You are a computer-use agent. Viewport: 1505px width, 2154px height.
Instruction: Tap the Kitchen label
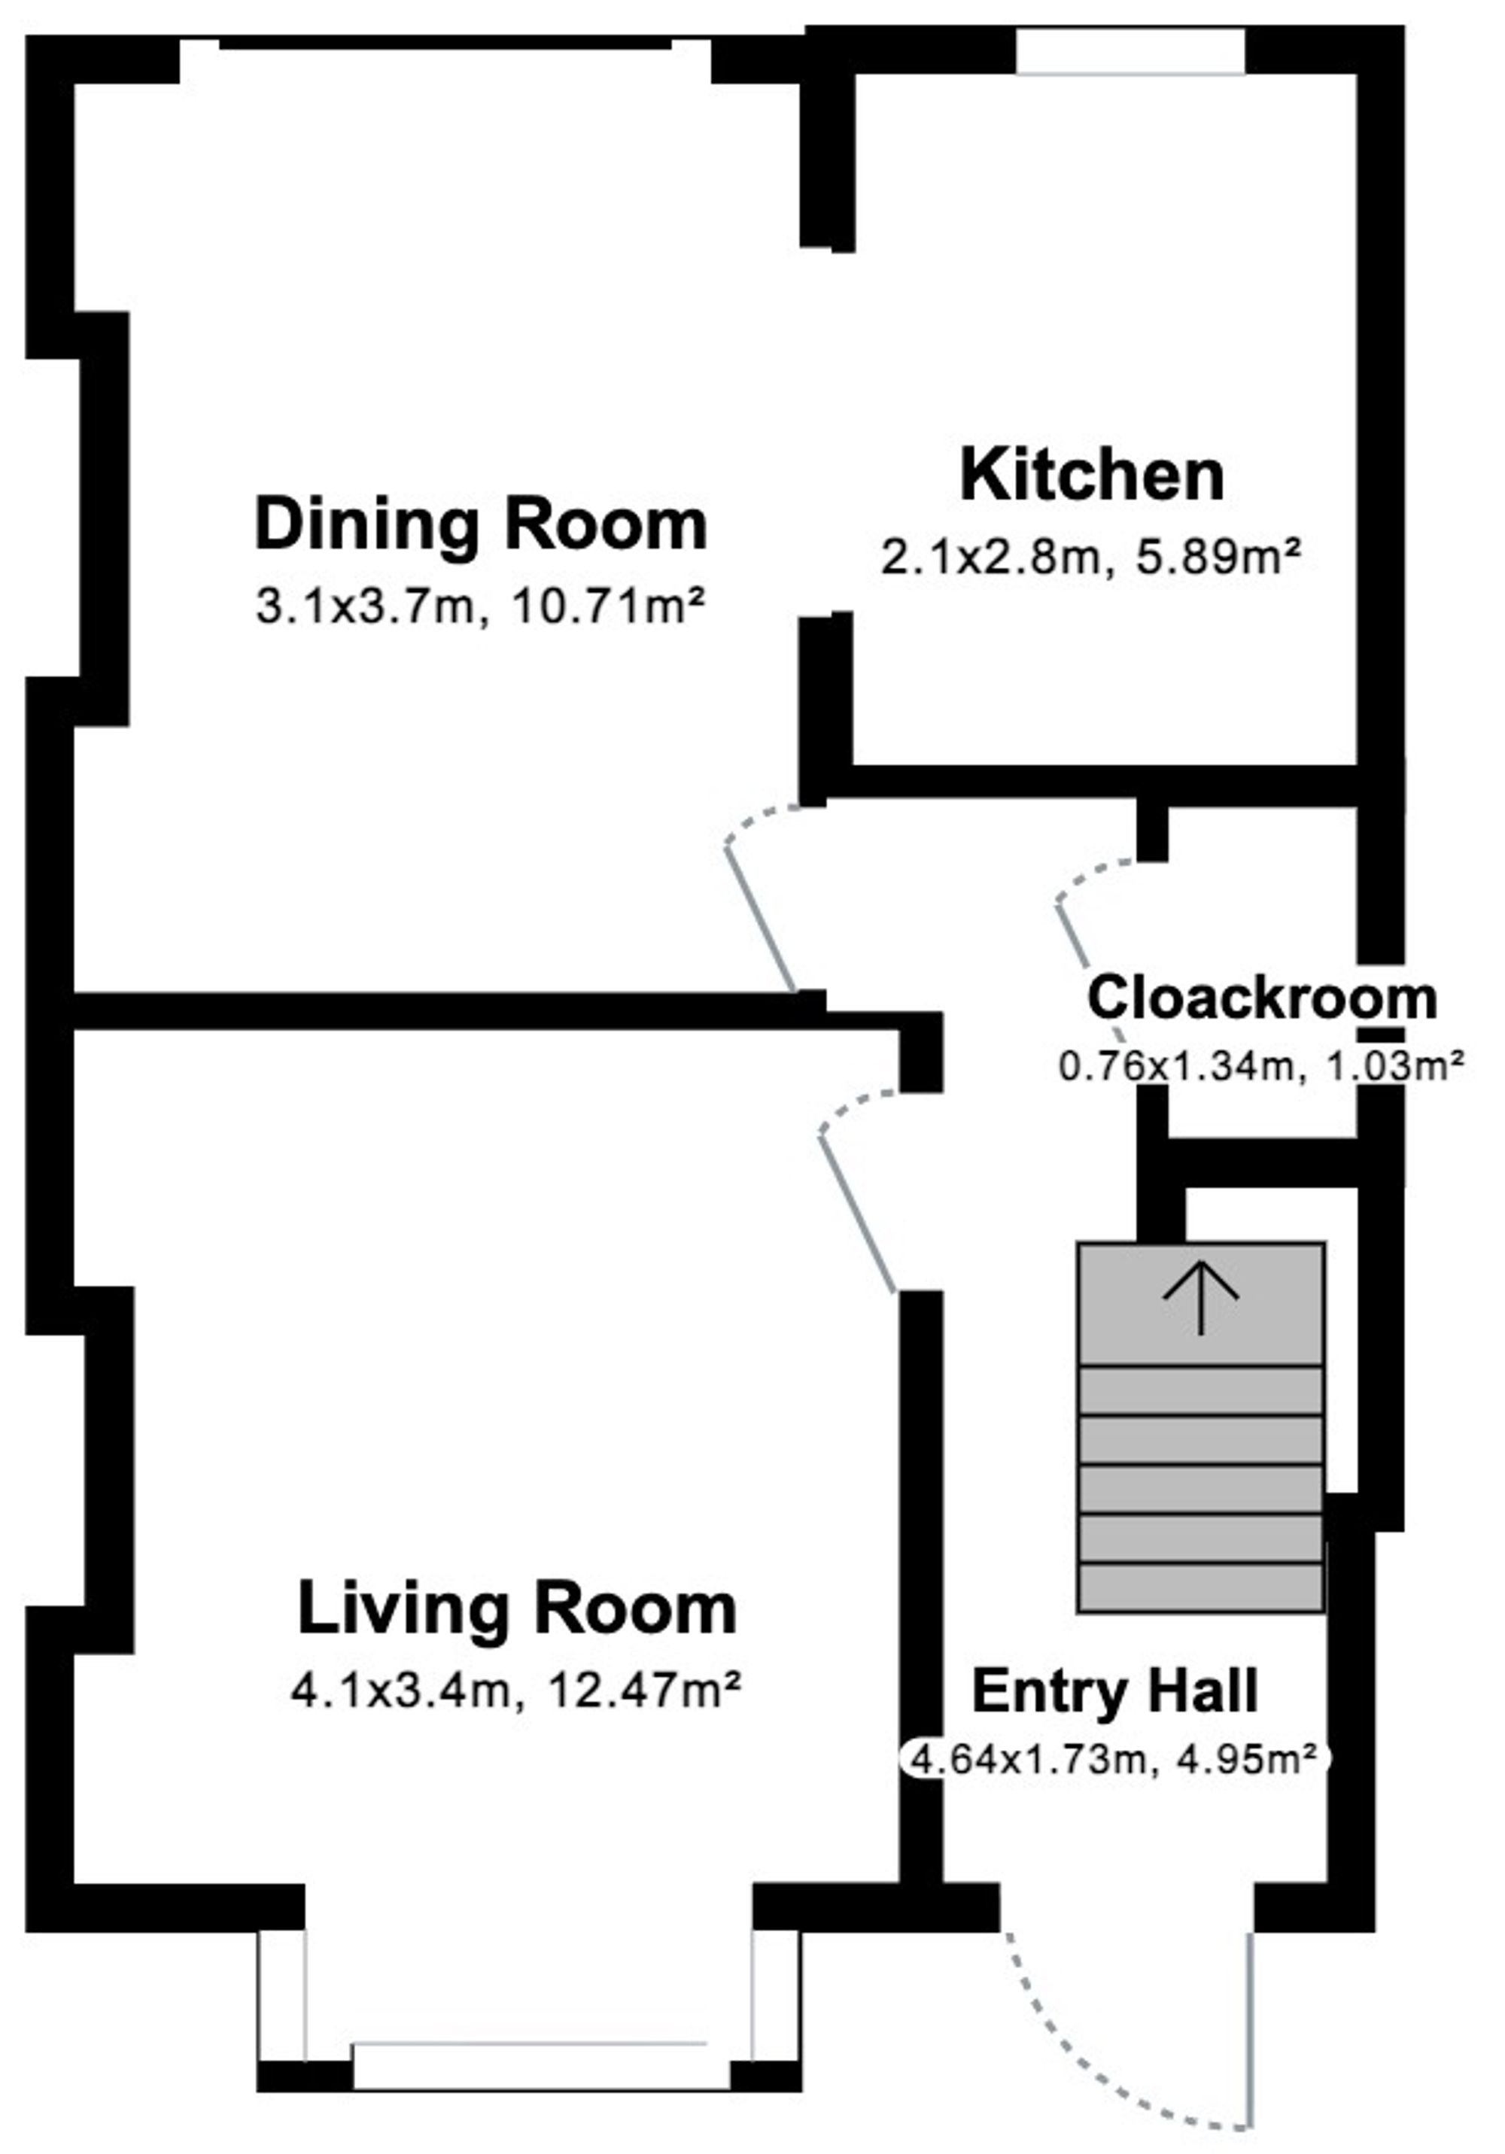pyautogui.click(x=1092, y=475)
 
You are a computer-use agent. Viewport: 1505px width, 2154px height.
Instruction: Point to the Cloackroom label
pyautogui.click(x=1262, y=998)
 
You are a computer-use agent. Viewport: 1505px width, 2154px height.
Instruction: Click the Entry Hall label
pyautogui.click(x=1114, y=1691)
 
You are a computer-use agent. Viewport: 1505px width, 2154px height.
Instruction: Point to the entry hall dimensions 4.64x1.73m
pyautogui.click(x=1029, y=1759)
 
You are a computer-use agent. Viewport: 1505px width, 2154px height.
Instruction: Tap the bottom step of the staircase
pyautogui.click(x=1201, y=1587)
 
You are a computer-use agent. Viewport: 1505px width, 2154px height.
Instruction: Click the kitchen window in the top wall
pyautogui.click(x=1130, y=50)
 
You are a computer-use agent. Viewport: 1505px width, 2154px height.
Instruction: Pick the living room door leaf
pyautogui.click(x=858, y=1214)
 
